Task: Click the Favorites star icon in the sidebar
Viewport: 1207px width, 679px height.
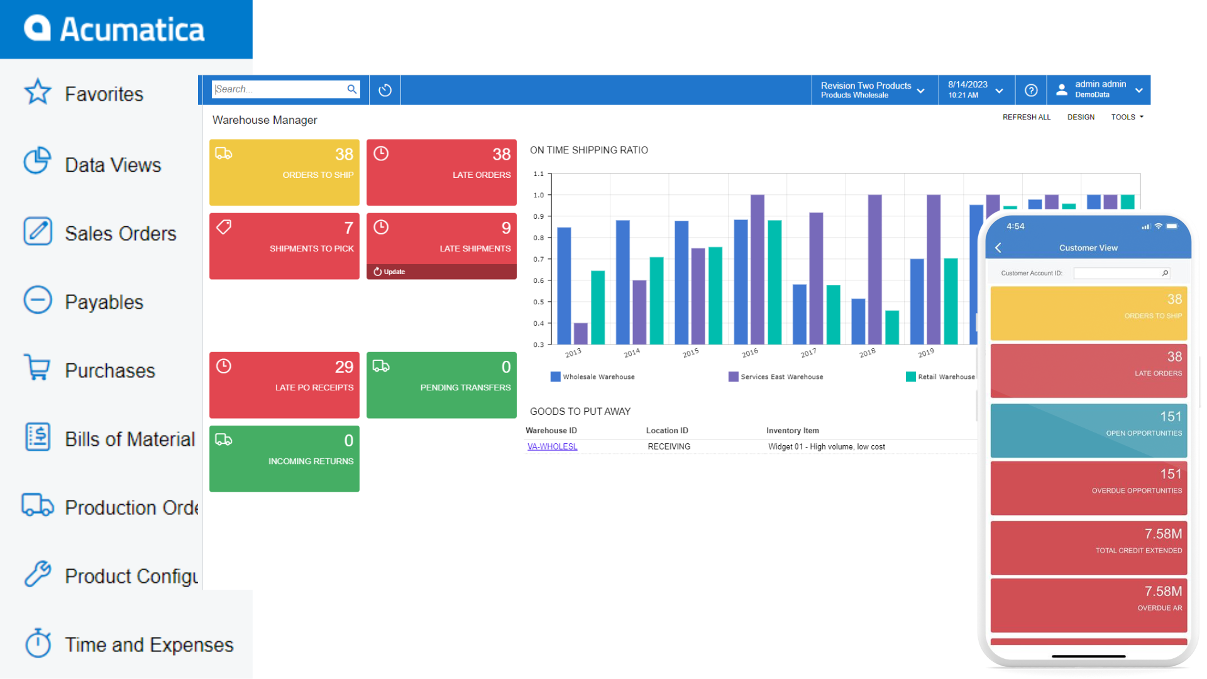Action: pos(38,92)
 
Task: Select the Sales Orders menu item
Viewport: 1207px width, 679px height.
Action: pos(120,233)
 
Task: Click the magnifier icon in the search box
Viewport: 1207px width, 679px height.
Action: pos(351,89)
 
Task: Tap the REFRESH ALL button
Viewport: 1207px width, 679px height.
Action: pos(1026,117)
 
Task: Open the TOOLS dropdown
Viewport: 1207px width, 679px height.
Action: pos(1127,117)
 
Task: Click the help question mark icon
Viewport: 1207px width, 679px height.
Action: pos(1031,90)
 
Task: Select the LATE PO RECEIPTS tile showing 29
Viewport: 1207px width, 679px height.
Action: pos(284,385)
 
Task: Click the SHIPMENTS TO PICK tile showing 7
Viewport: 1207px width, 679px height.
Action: pos(284,246)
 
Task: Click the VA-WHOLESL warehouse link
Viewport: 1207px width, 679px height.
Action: pos(552,446)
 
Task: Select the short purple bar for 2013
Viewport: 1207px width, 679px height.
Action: pos(580,333)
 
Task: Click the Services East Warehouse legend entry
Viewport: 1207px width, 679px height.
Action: pos(776,377)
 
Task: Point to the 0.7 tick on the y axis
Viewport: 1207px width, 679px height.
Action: pos(539,259)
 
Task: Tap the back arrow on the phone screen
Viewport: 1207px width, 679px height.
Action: pos(998,248)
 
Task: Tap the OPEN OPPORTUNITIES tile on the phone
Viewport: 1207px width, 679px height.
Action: pos(1088,430)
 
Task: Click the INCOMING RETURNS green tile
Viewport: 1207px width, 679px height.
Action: pos(284,458)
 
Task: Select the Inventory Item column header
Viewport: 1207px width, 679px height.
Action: pos(792,431)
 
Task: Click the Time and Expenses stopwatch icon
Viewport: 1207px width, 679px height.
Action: pos(38,643)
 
